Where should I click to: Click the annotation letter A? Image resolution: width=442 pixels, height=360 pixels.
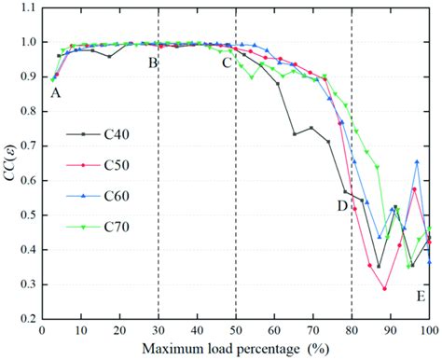(x=56, y=93)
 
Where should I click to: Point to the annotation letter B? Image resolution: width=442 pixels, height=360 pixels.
(x=152, y=62)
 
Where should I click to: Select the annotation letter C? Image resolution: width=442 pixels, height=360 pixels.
(x=227, y=62)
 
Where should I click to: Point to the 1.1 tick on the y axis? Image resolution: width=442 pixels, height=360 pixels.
(x=28, y=10)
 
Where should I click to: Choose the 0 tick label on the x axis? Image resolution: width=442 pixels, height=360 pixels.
(x=42, y=332)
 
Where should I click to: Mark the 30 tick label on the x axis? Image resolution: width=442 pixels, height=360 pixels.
(x=159, y=332)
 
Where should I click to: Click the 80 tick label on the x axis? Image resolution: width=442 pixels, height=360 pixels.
(x=352, y=332)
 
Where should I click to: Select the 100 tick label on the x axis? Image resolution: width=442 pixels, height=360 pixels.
(x=428, y=332)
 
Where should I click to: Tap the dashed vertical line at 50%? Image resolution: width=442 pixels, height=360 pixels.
(x=236, y=187)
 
